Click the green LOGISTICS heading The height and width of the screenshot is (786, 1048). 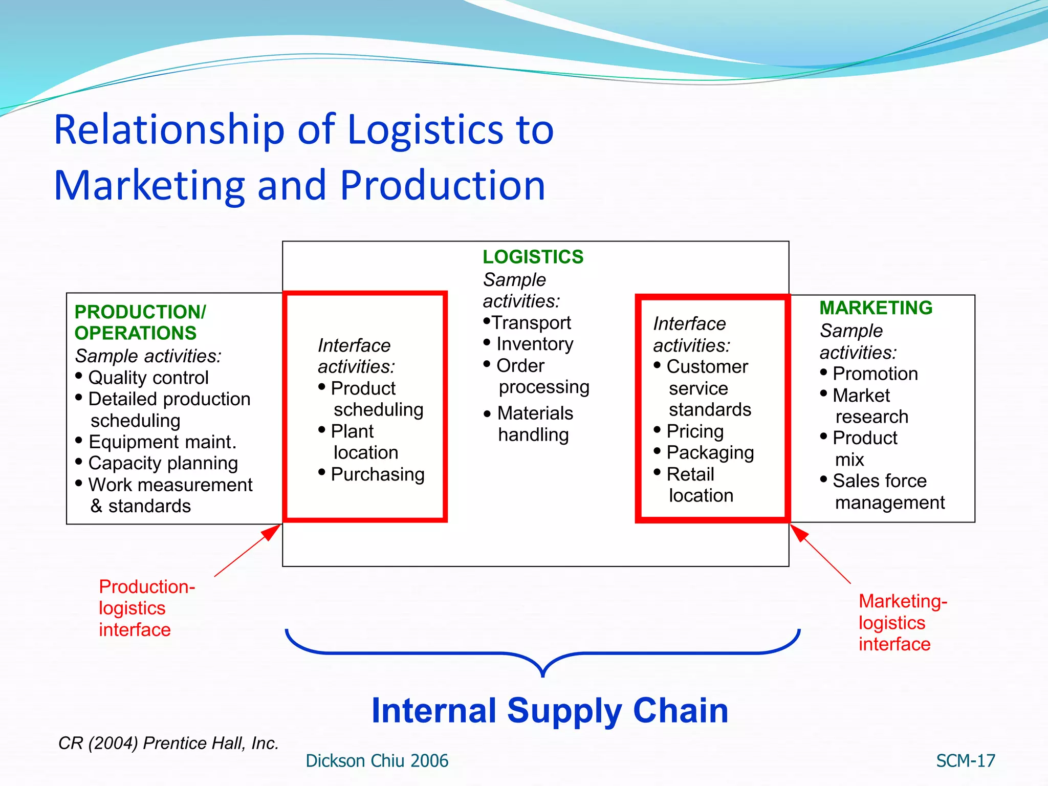(x=533, y=257)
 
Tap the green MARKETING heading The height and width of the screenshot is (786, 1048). (x=876, y=308)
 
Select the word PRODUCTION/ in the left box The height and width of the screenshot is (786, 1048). (x=140, y=312)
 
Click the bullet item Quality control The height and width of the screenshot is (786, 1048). (x=148, y=378)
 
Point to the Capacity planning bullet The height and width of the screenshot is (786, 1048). (x=163, y=463)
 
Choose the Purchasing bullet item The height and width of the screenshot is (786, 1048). (x=377, y=474)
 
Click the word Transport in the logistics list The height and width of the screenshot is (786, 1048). (x=531, y=323)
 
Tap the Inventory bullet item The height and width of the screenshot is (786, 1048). (x=534, y=344)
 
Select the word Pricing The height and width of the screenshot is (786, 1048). (x=695, y=431)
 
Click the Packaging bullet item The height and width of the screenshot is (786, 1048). (x=710, y=453)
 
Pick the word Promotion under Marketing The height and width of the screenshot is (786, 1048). (x=875, y=374)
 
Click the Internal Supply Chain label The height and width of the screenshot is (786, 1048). (x=550, y=711)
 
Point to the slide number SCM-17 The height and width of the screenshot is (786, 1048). (x=965, y=761)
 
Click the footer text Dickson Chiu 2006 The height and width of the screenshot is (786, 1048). (x=377, y=761)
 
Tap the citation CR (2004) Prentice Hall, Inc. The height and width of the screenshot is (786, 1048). (x=168, y=743)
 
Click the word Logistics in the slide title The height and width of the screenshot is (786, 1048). (x=426, y=129)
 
